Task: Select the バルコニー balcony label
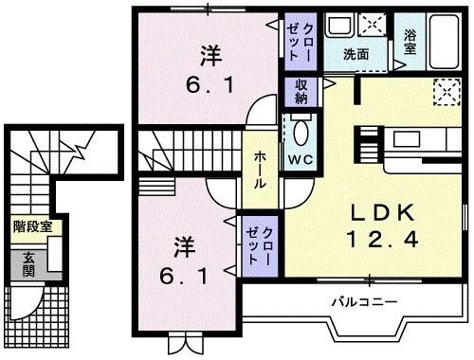(363, 302)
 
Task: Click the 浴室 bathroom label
(410, 42)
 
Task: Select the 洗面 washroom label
(356, 54)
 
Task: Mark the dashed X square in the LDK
(444, 92)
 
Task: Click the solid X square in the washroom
(375, 25)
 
